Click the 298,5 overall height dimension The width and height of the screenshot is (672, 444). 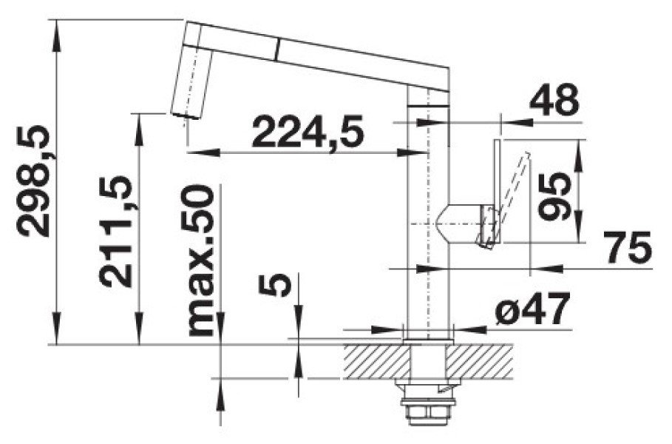point(33,181)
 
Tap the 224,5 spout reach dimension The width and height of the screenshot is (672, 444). point(308,131)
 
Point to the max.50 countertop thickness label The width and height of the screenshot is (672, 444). point(200,261)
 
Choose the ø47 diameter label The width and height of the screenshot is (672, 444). point(532,309)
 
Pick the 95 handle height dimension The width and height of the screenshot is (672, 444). point(555,197)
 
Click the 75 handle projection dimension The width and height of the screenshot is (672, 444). point(628,247)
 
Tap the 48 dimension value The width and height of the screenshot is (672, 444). point(554,101)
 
